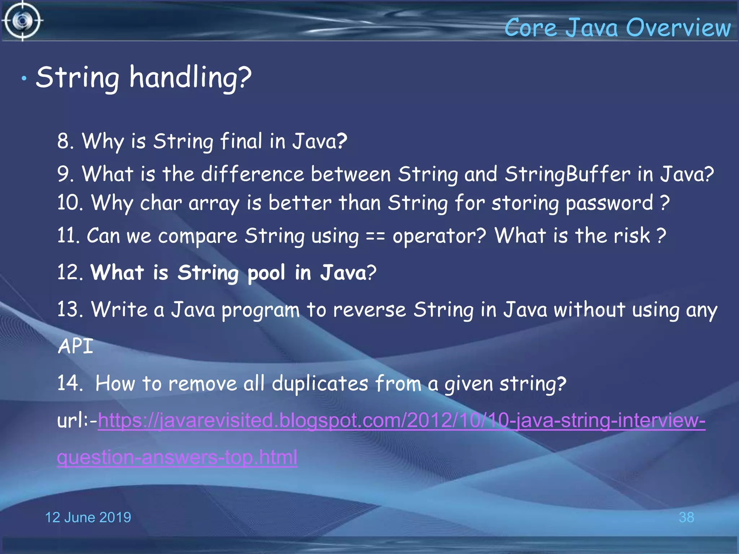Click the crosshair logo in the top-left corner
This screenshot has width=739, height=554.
click(22, 21)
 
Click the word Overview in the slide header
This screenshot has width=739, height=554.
click(678, 28)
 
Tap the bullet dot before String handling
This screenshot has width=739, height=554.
click(24, 78)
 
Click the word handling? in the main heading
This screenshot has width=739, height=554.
click(190, 78)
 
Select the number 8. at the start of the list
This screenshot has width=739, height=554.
click(65, 141)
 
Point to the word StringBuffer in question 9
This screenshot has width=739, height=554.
click(567, 174)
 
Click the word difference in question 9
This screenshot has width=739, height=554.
click(253, 174)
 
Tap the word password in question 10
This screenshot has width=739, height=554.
click(609, 203)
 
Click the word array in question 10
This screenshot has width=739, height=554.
click(214, 203)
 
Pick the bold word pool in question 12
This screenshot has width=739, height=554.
click(266, 273)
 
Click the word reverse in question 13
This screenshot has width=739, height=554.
click(369, 310)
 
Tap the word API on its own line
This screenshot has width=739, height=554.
click(75, 346)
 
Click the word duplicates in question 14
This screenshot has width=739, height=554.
click(320, 383)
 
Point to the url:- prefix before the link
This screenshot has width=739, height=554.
click(77, 421)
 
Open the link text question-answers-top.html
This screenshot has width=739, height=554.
click(177, 457)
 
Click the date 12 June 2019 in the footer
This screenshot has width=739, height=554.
click(88, 517)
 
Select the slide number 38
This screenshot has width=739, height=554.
click(686, 517)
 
